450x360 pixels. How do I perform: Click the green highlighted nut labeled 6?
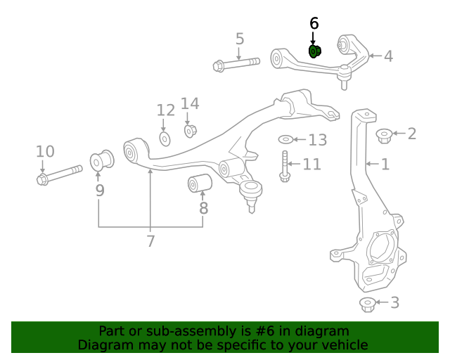[315, 51]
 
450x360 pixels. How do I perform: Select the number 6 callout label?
[314, 24]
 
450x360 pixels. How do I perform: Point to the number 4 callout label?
[387, 56]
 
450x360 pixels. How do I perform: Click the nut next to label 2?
[384, 134]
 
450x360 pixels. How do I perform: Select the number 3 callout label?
[394, 302]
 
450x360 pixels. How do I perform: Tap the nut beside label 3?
[366, 304]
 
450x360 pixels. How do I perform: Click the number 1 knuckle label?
[385, 165]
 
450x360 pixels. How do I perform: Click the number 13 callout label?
[318, 140]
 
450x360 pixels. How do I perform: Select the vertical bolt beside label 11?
[284, 166]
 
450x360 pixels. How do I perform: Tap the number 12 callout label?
[165, 110]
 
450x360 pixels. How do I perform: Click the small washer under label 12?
[165, 139]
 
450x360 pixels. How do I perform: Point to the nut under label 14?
[190, 130]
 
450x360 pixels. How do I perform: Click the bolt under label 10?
[59, 174]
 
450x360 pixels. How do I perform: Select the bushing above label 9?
[102, 160]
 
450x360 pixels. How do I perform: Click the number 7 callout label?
[150, 241]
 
